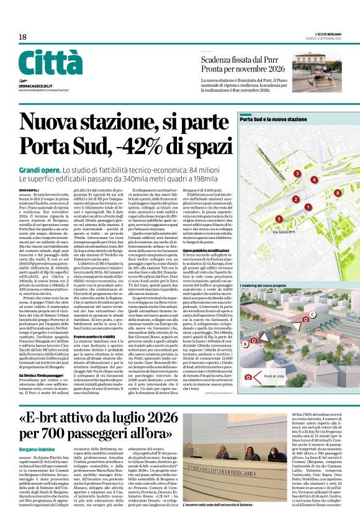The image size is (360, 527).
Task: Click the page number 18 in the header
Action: pyautogui.click(x=22, y=37)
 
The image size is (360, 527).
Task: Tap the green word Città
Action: pyautogui.click(x=50, y=63)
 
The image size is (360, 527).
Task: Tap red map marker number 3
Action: pyautogui.click(x=297, y=174)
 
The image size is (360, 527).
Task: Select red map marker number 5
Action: pyautogui.click(x=279, y=218)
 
